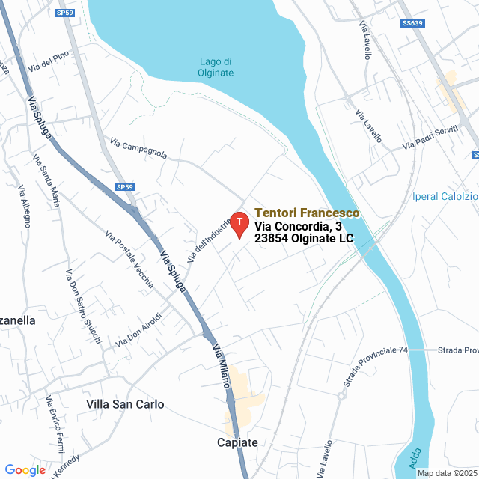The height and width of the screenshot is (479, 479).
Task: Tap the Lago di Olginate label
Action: point(217,67)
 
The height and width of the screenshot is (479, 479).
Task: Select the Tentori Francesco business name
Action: point(307,213)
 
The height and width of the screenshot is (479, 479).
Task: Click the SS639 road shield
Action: point(412,23)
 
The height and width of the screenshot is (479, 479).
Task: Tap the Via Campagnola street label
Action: point(138,148)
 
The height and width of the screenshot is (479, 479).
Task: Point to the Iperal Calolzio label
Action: point(445,197)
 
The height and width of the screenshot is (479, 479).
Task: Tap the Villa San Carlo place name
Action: point(125,404)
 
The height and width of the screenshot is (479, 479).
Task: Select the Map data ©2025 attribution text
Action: point(447,473)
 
